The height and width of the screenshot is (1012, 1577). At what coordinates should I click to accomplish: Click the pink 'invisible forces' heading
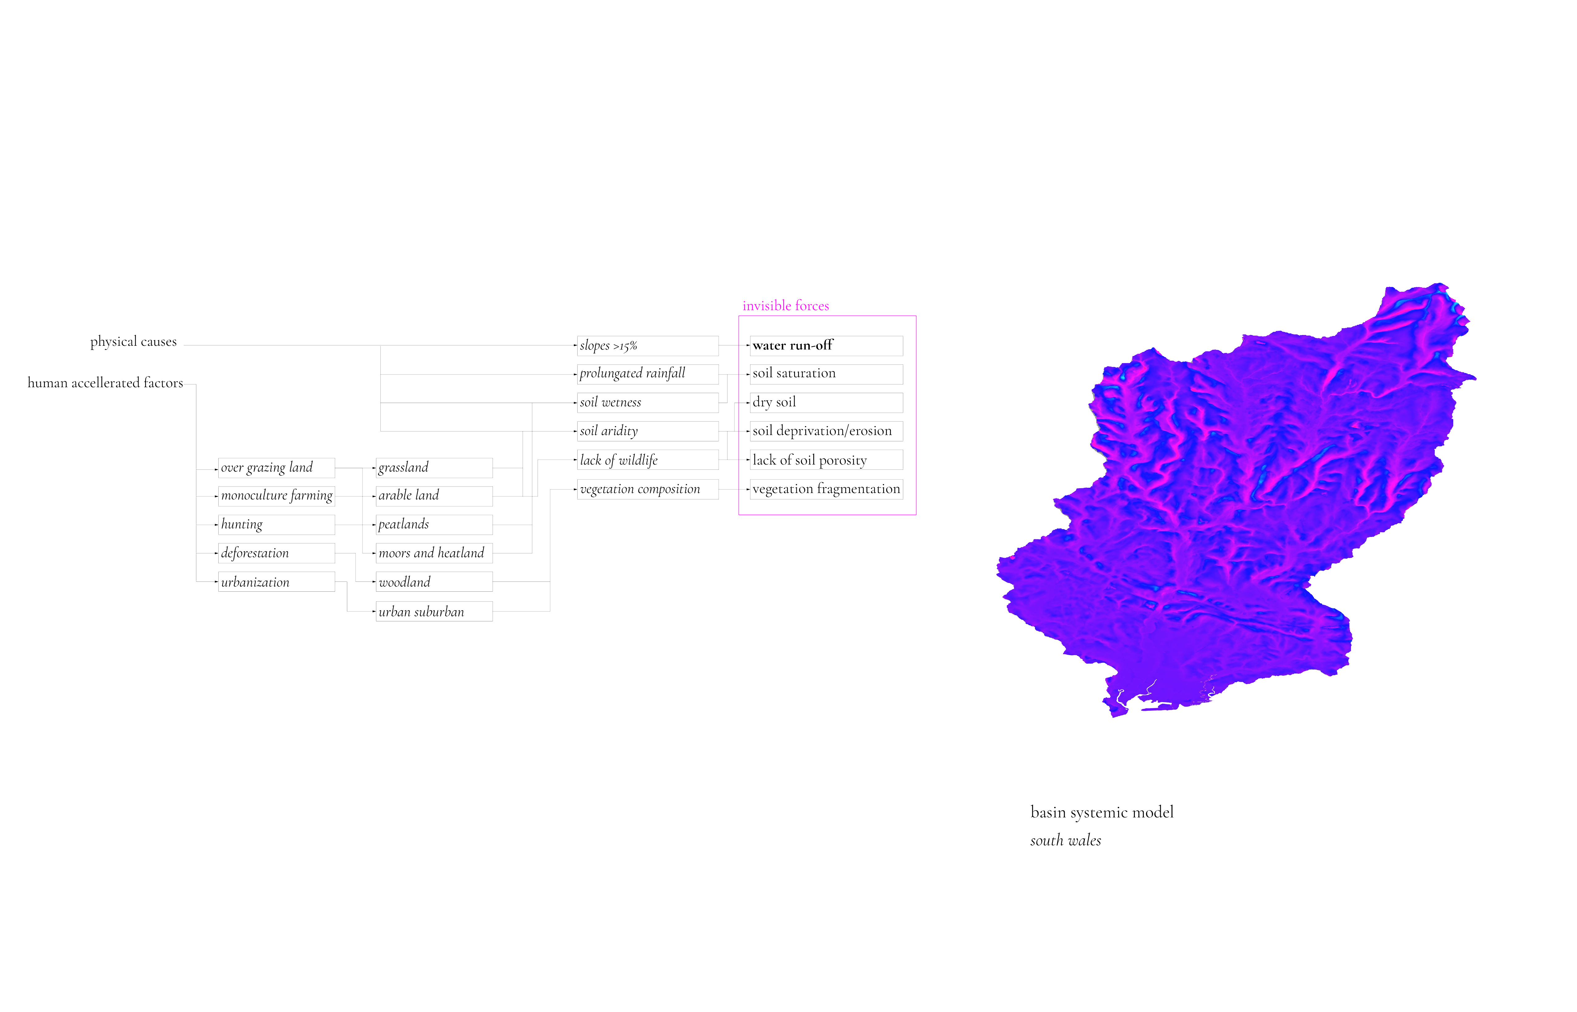pyautogui.click(x=785, y=306)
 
